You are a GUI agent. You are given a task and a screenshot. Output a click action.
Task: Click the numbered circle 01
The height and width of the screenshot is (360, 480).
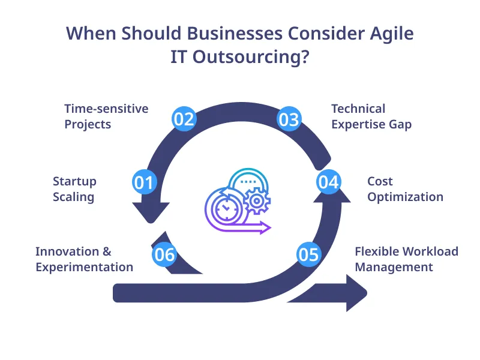point(144,182)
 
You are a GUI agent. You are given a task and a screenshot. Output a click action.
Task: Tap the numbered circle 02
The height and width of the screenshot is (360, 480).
point(184,119)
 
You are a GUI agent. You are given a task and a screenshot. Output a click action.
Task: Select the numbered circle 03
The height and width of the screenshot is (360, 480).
point(289,119)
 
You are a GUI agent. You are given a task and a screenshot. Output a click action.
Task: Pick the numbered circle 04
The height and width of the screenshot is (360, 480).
point(329,182)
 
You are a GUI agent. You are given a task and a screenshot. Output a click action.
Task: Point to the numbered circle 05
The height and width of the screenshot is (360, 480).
point(308,254)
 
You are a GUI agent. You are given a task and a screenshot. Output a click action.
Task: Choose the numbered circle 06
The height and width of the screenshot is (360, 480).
point(164,254)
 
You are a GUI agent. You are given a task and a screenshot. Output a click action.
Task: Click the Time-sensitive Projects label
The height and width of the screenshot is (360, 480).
point(106,116)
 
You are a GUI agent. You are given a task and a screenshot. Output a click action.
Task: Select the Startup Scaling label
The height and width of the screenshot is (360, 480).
point(74,189)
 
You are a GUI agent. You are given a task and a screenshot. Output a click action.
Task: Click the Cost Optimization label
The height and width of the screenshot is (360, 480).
point(405,189)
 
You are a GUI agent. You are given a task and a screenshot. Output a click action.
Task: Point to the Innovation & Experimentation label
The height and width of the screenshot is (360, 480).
point(84,259)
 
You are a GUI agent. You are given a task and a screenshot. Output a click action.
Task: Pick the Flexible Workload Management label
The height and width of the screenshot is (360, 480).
point(406,259)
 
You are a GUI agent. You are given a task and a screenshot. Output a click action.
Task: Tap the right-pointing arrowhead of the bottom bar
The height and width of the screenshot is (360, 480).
point(356,293)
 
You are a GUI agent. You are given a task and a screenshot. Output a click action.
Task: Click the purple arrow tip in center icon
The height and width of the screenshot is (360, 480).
point(266,227)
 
